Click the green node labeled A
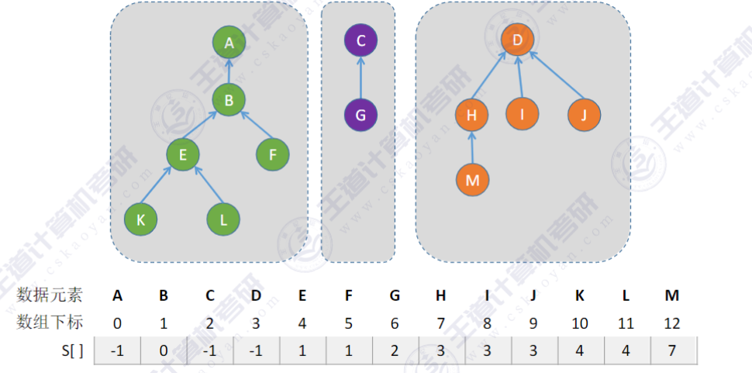(x=229, y=43)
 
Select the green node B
(x=229, y=99)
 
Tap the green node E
(x=183, y=154)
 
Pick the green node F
(x=273, y=154)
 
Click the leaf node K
(x=140, y=219)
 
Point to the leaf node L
(x=223, y=219)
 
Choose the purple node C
(x=360, y=40)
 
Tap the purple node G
(x=360, y=115)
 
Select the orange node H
(x=472, y=116)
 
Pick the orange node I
(x=523, y=114)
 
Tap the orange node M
(x=472, y=180)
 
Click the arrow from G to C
(x=360, y=78)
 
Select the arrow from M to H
(x=472, y=148)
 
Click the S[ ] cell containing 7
(x=673, y=351)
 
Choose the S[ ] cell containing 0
(x=164, y=351)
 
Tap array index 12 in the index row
(x=673, y=322)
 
